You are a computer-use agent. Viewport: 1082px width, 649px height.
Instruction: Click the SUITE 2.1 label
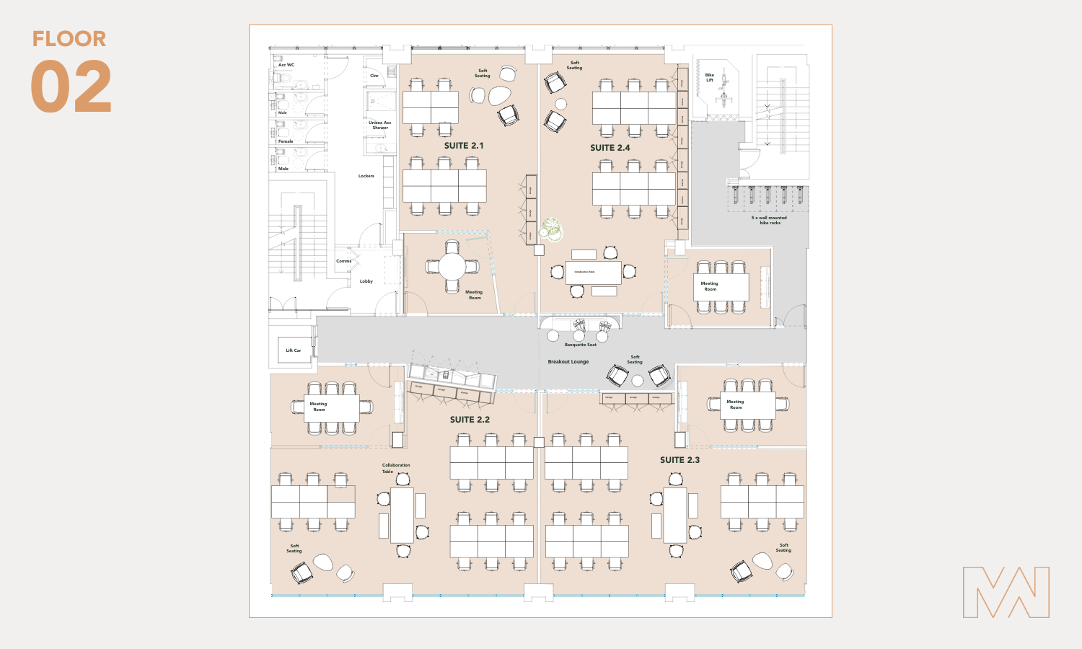pyautogui.click(x=464, y=146)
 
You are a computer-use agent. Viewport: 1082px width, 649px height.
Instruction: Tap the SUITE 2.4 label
pyautogui.click(x=610, y=148)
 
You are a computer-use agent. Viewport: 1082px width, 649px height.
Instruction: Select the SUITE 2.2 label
pyautogui.click(x=470, y=420)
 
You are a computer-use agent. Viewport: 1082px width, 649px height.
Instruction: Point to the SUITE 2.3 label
pyautogui.click(x=679, y=460)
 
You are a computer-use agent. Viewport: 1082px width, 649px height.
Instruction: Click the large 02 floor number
pyautogui.click(x=71, y=88)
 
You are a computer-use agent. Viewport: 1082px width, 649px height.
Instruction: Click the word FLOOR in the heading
pyautogui.click(x=69, y=39)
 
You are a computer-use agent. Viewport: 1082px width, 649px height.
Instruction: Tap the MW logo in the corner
pyautogui.click(x=1006, y=592)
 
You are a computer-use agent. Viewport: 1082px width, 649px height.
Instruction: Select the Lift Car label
pyautogui.click(x=293, y=350)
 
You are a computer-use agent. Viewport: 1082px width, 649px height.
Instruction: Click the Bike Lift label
pyautogui.click(x=710, y=77)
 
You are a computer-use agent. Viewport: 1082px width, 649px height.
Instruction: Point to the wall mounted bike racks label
pyautogui.click(x=769, y=220)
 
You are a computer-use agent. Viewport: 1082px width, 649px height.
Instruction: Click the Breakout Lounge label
pyautogui.click(x=568, y=362)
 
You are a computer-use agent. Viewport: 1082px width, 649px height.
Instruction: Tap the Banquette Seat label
pyautogui.click(x=580, y=345)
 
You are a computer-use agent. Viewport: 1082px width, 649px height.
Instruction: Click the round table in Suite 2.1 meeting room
pyautogui.click(x=452, y=267)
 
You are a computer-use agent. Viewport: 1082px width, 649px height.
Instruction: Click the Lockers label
pyautogui.click(x=366, y=176)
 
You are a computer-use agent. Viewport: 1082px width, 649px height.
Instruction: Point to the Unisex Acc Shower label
pyautogui.click(x=380, y=125)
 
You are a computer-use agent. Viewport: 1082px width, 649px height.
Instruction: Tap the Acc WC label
pyautogui.click(x=286, y=65)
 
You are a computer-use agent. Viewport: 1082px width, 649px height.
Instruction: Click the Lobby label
pyautogui.click(x=366, y=281)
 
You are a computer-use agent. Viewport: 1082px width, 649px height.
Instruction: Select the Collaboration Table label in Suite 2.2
pyautogui.click(x=395, y=468)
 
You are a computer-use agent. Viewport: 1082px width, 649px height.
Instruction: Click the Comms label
pyautogui.click(x=343, y=261)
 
